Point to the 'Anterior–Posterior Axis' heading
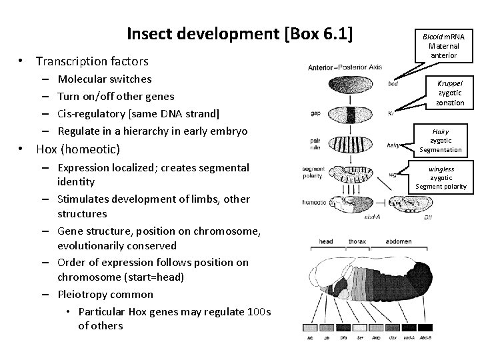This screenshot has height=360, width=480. [x=345, y=67]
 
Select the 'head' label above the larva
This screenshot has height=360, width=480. [x=326, y=241]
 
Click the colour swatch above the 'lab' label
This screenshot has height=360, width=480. [x=311, y=327]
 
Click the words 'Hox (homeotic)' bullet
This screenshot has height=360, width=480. [x=78, y=149]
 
